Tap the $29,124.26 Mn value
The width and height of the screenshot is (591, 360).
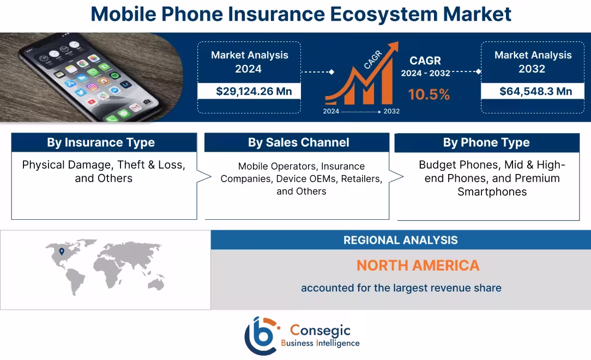(x=254, y=91)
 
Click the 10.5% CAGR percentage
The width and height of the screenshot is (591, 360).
(x=429, y=94)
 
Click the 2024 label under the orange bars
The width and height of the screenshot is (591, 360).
(x=331, y=111)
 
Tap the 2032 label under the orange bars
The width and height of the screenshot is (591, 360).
(x=391, y=111)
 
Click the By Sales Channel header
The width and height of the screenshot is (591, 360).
(x=298, y=143)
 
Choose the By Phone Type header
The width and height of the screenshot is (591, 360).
(x=486, y=143)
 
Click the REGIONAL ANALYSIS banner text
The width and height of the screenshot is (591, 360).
(x=400, y=240)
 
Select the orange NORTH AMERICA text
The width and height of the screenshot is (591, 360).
(x=418, y=266)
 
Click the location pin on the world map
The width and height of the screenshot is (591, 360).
(x=62, y=251)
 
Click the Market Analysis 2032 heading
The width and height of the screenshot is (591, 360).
(x=532, y=62)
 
